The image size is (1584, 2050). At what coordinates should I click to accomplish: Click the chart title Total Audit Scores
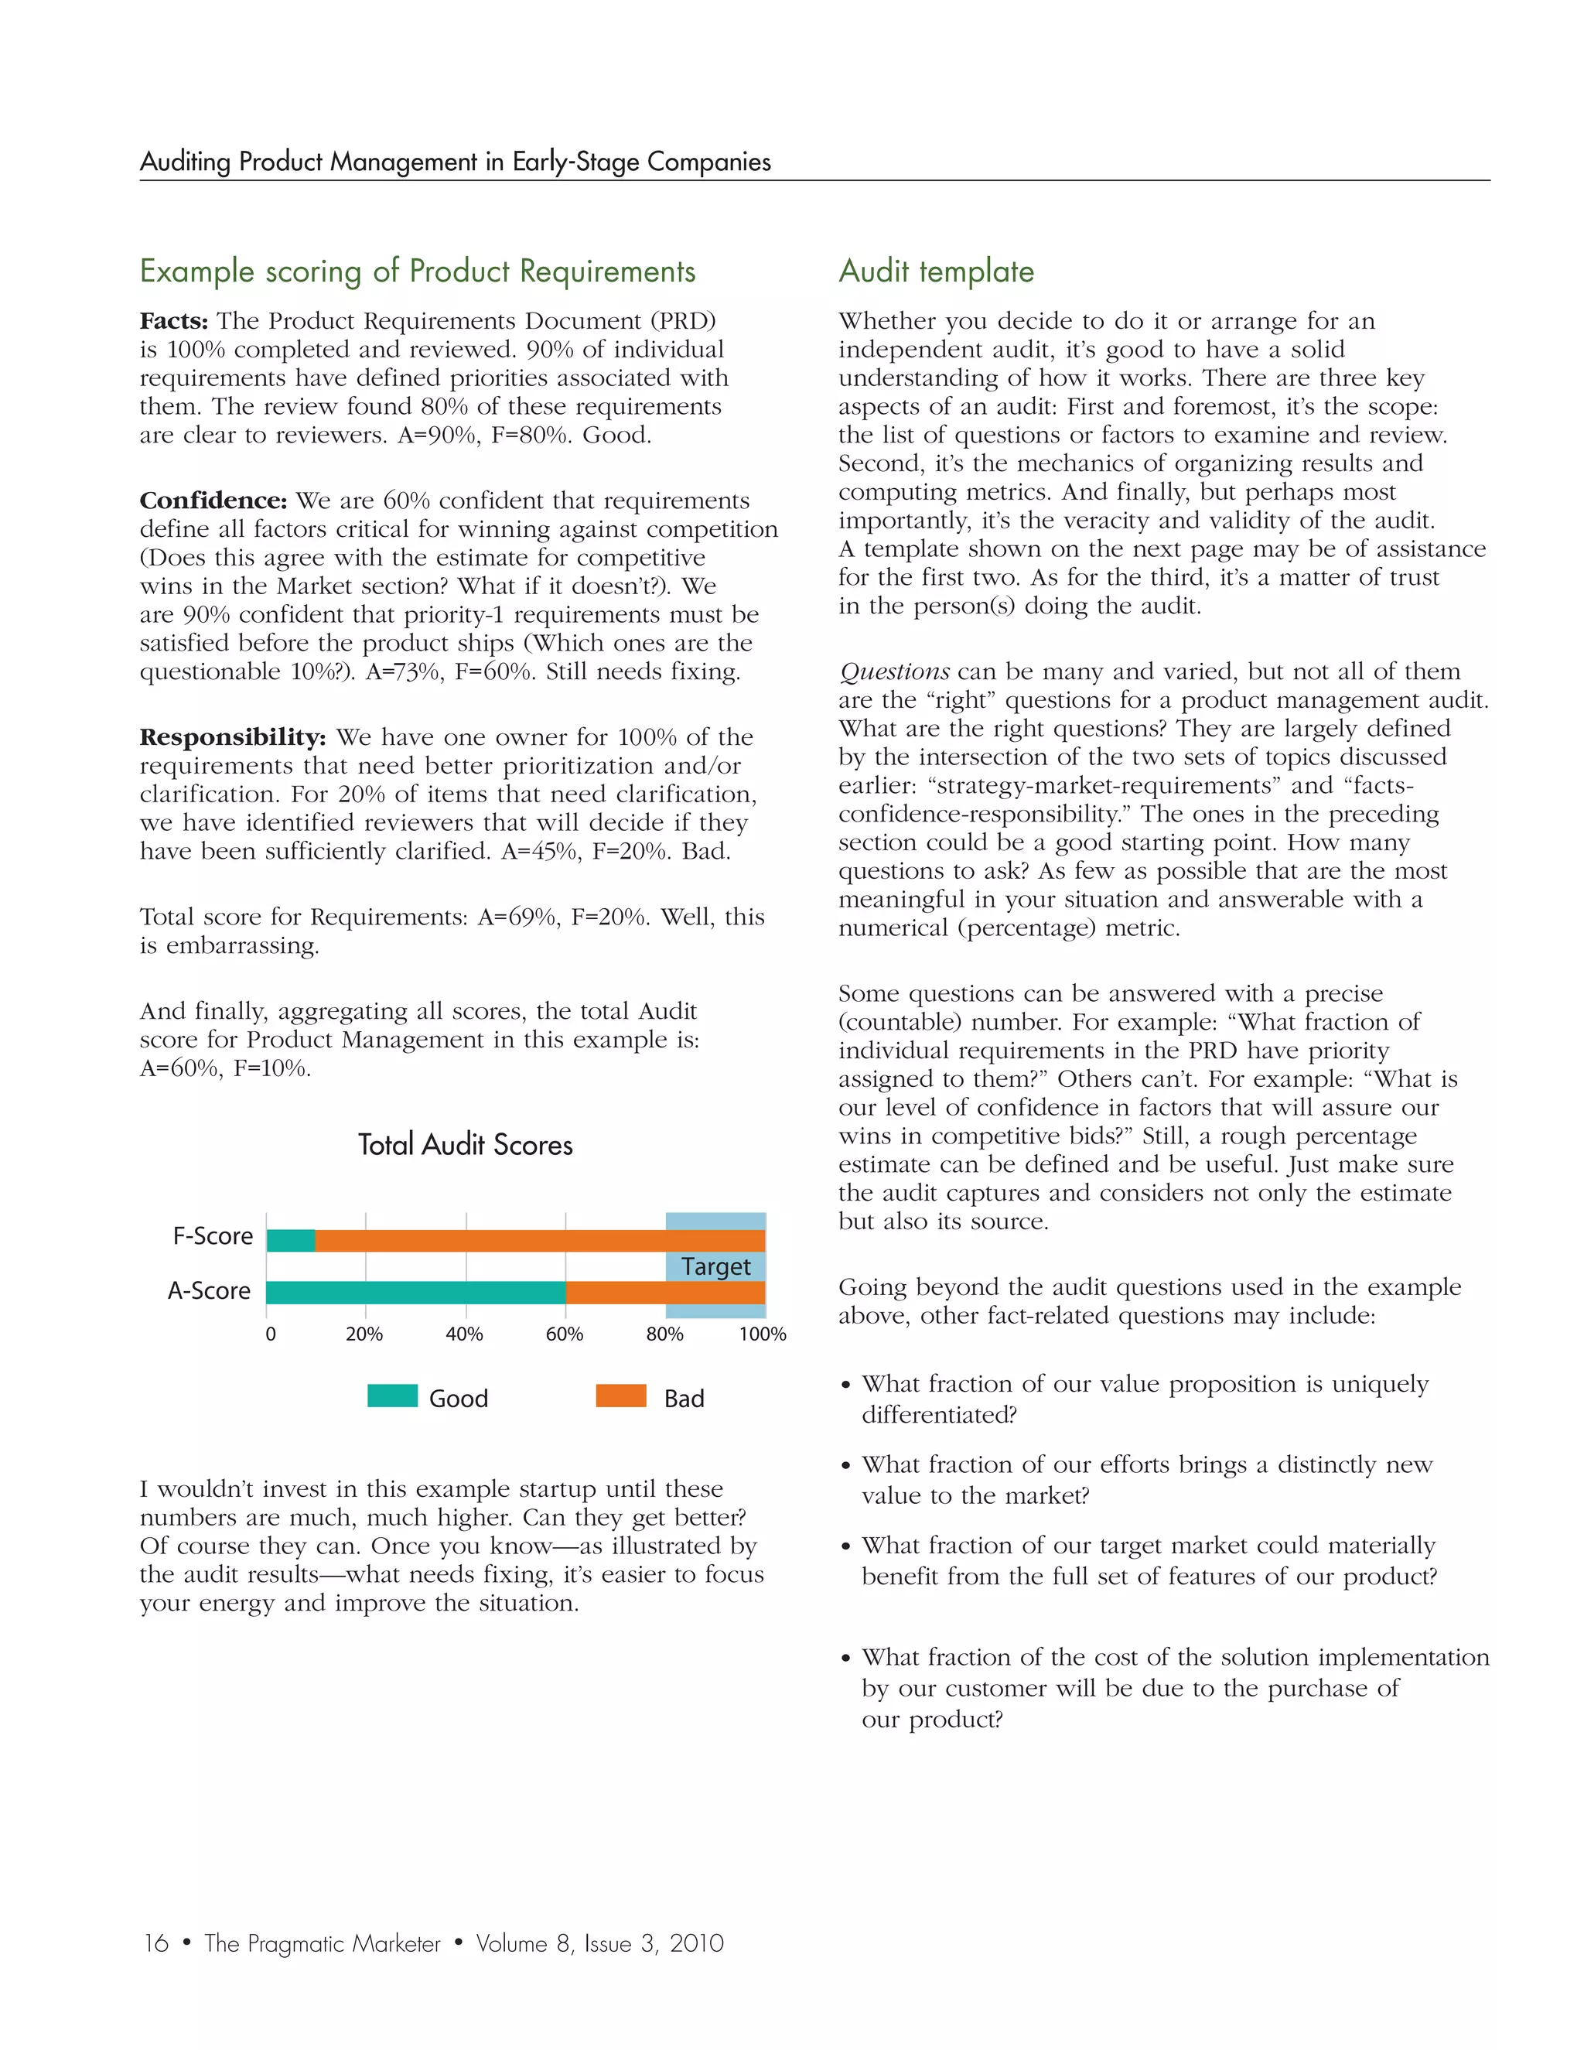466,1144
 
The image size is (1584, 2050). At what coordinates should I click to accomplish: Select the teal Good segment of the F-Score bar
291,1240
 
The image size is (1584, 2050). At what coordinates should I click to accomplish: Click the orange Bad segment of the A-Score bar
665,1293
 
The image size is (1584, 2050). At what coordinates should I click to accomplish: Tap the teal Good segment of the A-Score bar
415,1293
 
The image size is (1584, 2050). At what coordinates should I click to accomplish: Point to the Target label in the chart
716,1266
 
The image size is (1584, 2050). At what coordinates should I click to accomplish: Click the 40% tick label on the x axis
463,1334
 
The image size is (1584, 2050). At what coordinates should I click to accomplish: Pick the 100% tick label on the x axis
762,1334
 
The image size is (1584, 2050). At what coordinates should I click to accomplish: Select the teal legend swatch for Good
392,1396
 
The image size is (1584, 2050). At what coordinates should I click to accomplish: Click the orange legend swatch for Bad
621,1396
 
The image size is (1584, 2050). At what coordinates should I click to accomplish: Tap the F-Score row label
213,1236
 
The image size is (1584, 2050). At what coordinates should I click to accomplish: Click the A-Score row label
210,1290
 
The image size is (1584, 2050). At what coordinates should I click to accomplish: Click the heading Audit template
936,272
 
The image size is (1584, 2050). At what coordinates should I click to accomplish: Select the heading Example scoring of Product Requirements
418,272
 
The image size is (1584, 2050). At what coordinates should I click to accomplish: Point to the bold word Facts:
173,321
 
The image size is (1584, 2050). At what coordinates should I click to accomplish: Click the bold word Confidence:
213,501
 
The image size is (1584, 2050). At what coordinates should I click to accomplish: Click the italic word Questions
893,672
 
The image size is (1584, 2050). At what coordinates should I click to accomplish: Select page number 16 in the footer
155,1943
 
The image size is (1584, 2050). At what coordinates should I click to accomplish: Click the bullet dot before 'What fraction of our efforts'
845,1466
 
